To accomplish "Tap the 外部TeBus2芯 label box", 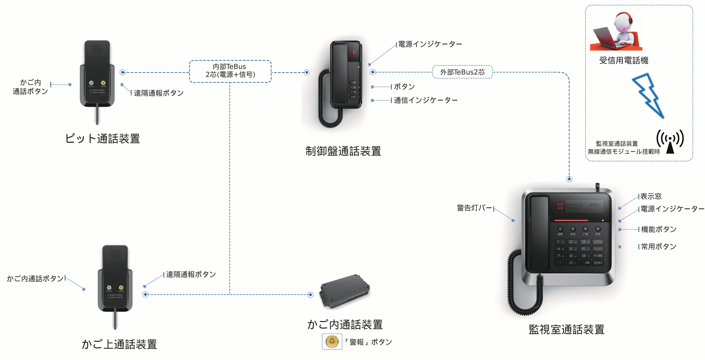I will pos(462,72).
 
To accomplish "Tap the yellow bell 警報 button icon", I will pos(332,341).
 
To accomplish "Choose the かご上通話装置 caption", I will pos(119,344).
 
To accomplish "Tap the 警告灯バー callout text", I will pos(474,208).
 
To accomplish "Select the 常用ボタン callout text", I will pos(658,246).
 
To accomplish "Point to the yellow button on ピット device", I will pos(103,83).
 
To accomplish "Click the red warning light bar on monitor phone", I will pos(571,220).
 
